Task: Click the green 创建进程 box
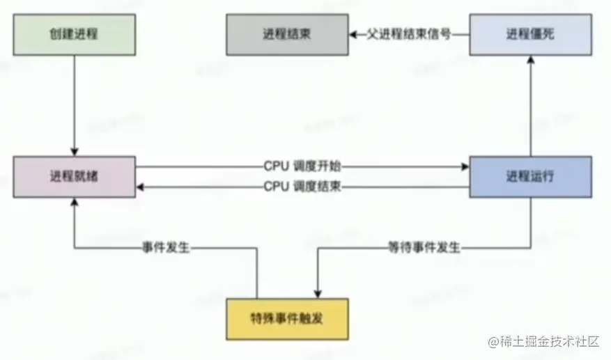pyautogui.click(x=73, y=33)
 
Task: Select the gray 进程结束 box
pyautogui.click(x=286, y=33)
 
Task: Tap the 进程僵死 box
pyautogui.click(x=531, y=34)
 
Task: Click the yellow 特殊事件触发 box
pyautogui.click(x=287, y=318)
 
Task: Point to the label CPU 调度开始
pyautogui.click(x=302, y=166)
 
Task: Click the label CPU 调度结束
pyautogui.click(x=302, y=187)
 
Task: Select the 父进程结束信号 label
pyautogui.click(x=408, y=34)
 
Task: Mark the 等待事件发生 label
pyautogui.click(x=424, y=247)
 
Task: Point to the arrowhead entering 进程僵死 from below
pyautogui.click(x=531, y=61)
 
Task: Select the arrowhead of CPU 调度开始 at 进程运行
pyautogui.click(x=465, y=166)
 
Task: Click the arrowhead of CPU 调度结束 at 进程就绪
pyautogui.click(x=140, y=187)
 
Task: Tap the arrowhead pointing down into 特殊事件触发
pyautogui.click(x=318, y=293)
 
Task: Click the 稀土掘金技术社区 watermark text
pyautogui.click(x=543, y=343)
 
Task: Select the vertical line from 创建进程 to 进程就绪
pyautogui.click(x=73, y=104)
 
